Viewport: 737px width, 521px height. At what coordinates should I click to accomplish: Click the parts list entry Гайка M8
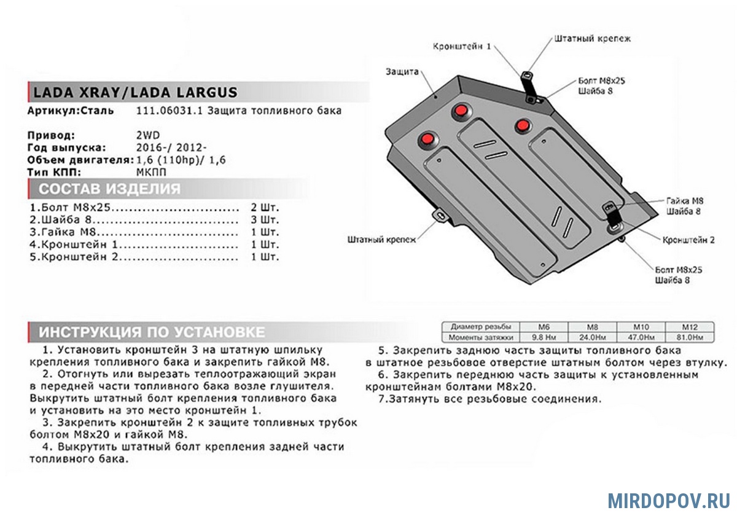pyautogui.click(x=64, y=232)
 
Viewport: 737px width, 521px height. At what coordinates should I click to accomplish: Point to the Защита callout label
pyautogui.click(x=402, y=71)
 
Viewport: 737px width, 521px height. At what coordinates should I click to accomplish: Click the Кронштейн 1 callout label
pyautogui.click(x=462, y=46)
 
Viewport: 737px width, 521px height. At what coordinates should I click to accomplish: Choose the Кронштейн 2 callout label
pyautogui.click(x=688, y=240)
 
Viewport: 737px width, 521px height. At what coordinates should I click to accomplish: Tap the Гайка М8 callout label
pyautogui.click(x=683, y=201)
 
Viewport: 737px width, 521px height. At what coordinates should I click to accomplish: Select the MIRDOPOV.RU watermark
pyautogui.click(x=668, y=500)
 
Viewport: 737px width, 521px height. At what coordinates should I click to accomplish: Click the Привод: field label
pyautogui.click(x=52, y=135)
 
